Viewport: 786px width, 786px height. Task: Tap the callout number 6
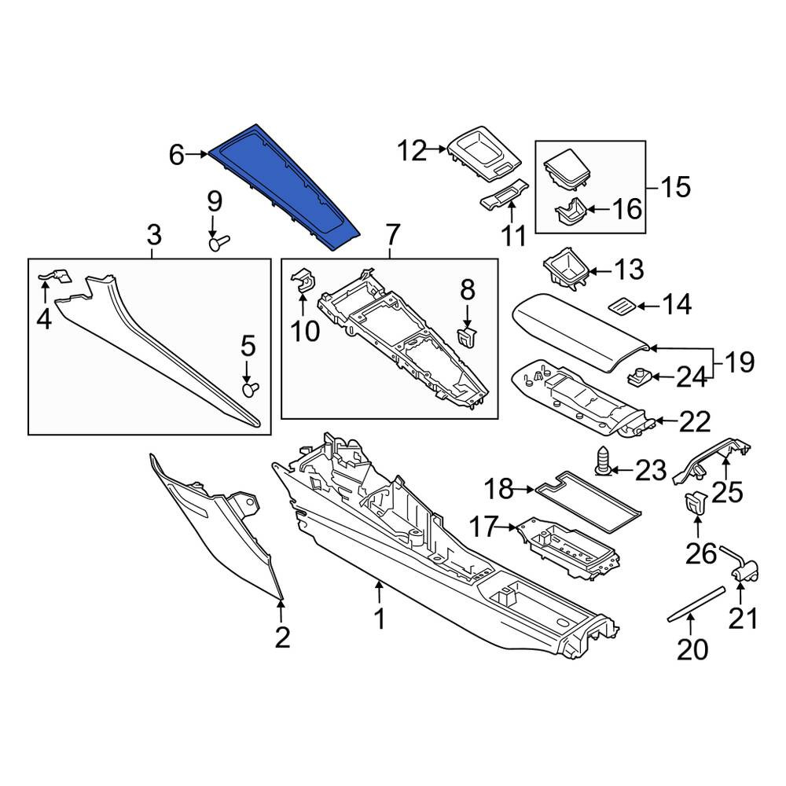click(176, 155)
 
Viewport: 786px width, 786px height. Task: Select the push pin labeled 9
click(218, 243)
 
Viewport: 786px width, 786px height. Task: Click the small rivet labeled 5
click(251, 389)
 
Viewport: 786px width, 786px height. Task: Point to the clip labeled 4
click(56, 276)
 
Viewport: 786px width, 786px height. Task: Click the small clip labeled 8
click(467, 336)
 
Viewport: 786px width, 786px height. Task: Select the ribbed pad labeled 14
click(622, 305)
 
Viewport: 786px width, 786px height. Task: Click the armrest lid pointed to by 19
click(581, 332)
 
